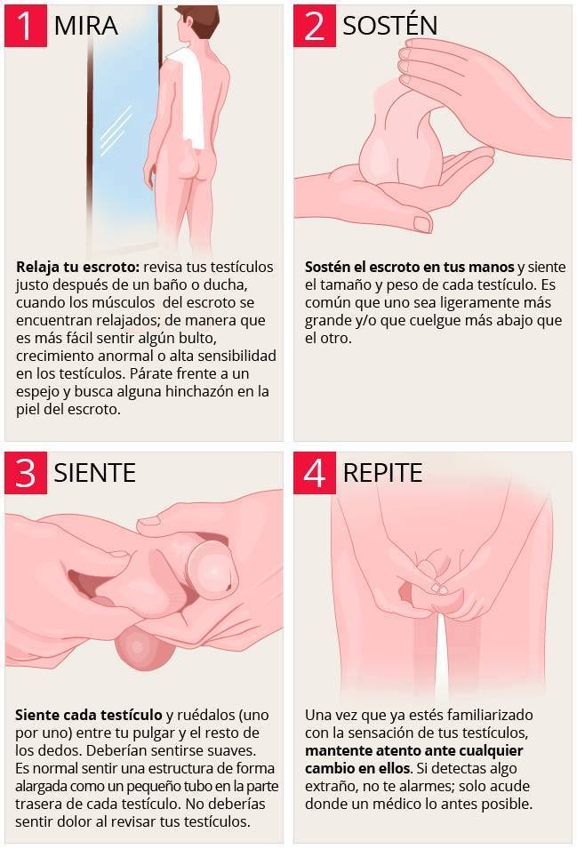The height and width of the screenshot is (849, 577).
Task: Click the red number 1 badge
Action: [25, 25]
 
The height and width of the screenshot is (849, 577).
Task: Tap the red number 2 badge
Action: [314, 25]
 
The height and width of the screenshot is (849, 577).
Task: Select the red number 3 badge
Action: [25, 472]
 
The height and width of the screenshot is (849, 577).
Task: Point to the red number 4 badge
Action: [314, 472]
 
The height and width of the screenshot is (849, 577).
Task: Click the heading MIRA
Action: [85, 26]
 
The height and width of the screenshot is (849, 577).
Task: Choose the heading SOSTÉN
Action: [389, 25]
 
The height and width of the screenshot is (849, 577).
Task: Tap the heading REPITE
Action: [382, 472]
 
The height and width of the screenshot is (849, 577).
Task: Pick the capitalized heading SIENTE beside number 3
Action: [94, 472]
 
